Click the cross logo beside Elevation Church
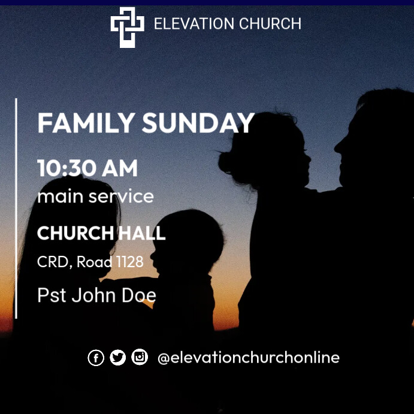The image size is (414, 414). [127, 27]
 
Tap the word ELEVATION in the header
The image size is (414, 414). [185, 24]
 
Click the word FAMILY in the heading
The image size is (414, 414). [86, 123]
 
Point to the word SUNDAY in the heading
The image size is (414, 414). [198, 123]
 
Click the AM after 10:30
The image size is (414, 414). [119, 168]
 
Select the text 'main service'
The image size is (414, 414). [95, 196]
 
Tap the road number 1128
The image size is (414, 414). [128, 262]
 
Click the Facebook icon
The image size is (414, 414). [96, 358]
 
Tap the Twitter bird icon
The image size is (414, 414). [117, 358]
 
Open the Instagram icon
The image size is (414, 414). [140, 358]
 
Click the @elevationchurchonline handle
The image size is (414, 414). [248, 358]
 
